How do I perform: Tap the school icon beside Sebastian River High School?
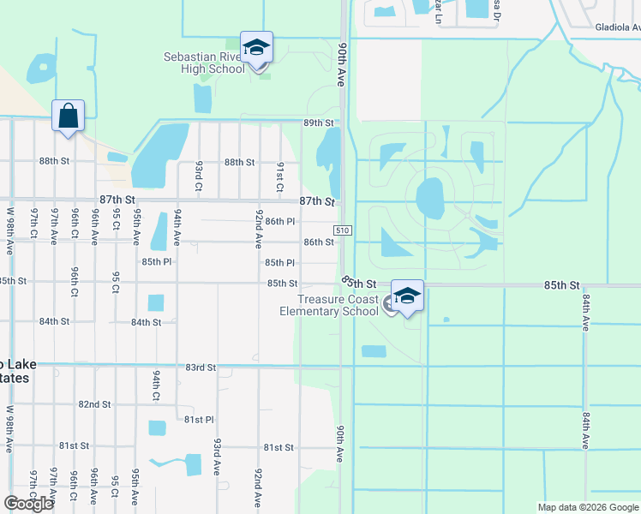tap(256, 49)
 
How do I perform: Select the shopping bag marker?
tap(69, 116)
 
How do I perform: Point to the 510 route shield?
tap(342, 230)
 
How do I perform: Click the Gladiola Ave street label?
tap(618, 27)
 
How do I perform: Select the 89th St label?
tap(317, 123)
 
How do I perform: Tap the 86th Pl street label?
tap(280, 221)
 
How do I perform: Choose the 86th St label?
tap(318, 242)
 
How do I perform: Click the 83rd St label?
tap(200, 368)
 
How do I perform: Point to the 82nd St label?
tap(94, 404)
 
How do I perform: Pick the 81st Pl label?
tap(198, 420)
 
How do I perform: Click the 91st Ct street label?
tap(279, 176)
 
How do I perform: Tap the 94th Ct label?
tap(156, 385)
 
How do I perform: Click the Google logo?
tap(28, 504)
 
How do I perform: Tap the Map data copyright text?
tap(587, 507)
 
